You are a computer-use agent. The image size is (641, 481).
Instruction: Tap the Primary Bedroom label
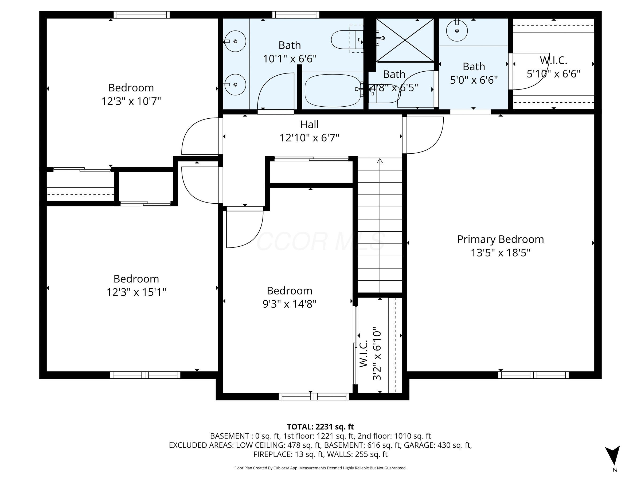tap(500, 239)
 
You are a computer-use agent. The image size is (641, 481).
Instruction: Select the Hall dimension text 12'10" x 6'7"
tap(309, 138)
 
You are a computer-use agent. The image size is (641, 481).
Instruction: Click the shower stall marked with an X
tap(405, 40)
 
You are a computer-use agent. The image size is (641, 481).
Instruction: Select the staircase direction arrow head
tap(380, 161)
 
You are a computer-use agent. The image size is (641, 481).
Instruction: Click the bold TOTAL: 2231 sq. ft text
tap(320, 427)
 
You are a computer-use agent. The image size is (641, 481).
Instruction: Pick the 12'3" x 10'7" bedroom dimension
tap(131, 101)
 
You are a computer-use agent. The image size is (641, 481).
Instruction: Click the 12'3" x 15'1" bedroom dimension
tap(136, 292)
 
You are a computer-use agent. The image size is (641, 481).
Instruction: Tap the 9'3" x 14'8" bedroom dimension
tap(289, 304)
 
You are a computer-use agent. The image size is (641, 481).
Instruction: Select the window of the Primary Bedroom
tap(533, 375)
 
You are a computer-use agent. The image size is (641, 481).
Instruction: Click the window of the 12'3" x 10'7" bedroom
tap(141, 15)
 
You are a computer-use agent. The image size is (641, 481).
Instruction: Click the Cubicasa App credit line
tap(320, 468)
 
